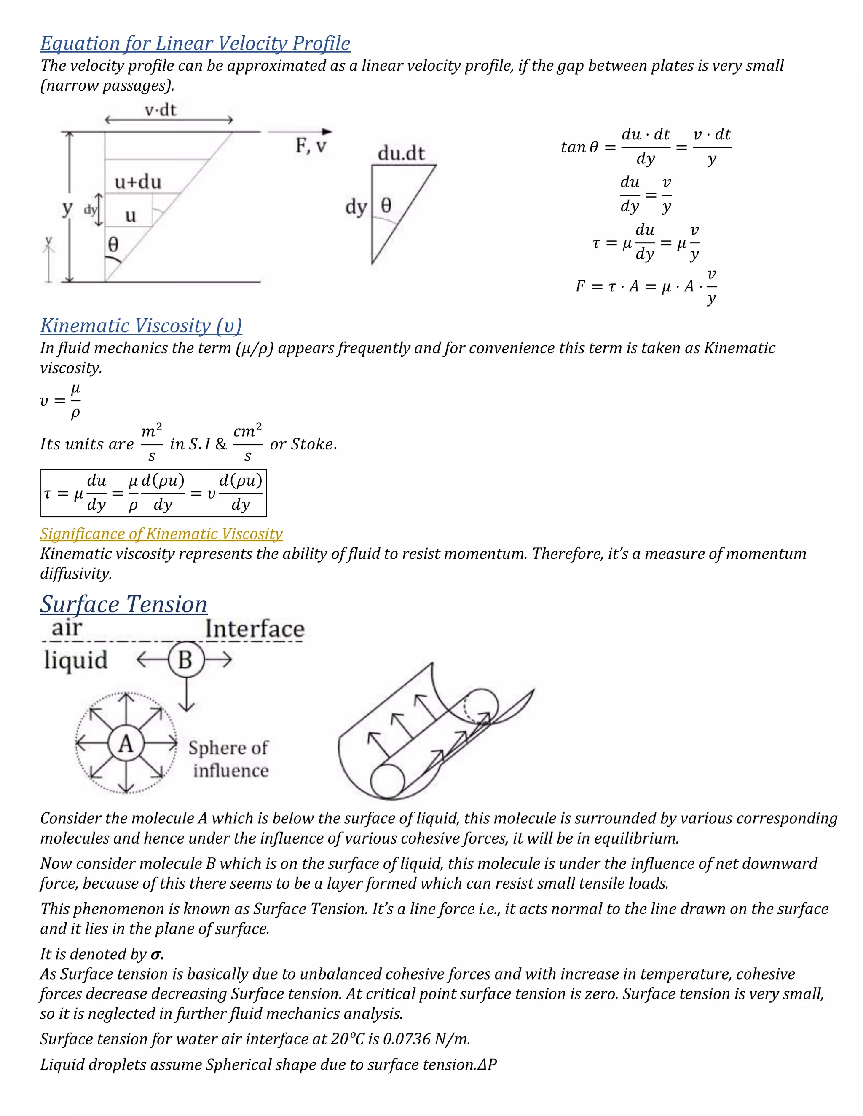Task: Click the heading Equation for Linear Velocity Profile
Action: [x=195, y=44]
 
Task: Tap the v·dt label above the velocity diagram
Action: [x=161, y=110]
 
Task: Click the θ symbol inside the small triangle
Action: [x=386, y=206]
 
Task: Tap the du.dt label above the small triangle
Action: [x=401, y=153]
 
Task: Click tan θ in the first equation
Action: [x=579, y=148]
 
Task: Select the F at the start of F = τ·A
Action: [x=580, y=286]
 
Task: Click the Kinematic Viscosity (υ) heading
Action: [x=141, y=326]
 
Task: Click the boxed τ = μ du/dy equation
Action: [x=153, y=493]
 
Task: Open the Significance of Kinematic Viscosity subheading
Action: [x=161, y=534]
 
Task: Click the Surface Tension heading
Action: [x=124, y=604]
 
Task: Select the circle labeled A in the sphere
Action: [x=126, y=743]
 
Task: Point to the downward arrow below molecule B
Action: [x=186, y=695]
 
